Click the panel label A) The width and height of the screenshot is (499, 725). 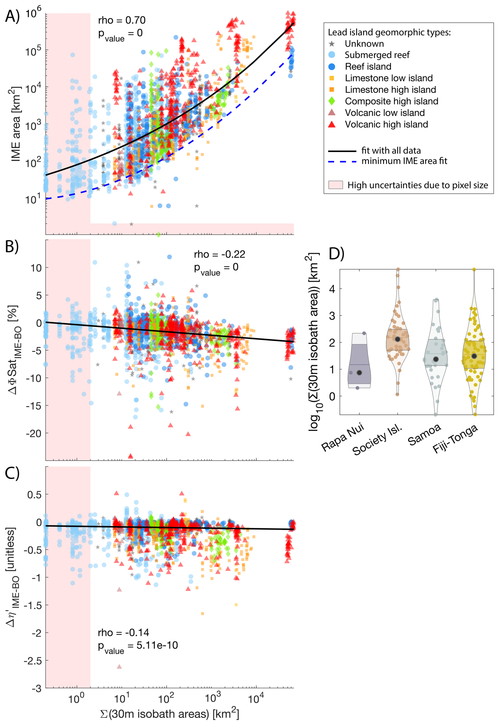12,16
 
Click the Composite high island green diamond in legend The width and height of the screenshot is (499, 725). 332,101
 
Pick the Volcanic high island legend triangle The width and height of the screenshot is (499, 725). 332,124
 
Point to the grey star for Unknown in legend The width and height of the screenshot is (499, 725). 332,44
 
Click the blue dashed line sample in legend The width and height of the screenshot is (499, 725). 342,162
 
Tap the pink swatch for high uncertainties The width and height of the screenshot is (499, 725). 335,185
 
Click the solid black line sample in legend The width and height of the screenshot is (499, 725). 342,151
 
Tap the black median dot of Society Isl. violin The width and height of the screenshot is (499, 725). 398,339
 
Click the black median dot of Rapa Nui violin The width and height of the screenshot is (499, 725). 359,373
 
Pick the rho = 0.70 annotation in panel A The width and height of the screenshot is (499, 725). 122,20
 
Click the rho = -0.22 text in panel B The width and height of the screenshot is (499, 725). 219,254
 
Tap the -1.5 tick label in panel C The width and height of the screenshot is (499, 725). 32,605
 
